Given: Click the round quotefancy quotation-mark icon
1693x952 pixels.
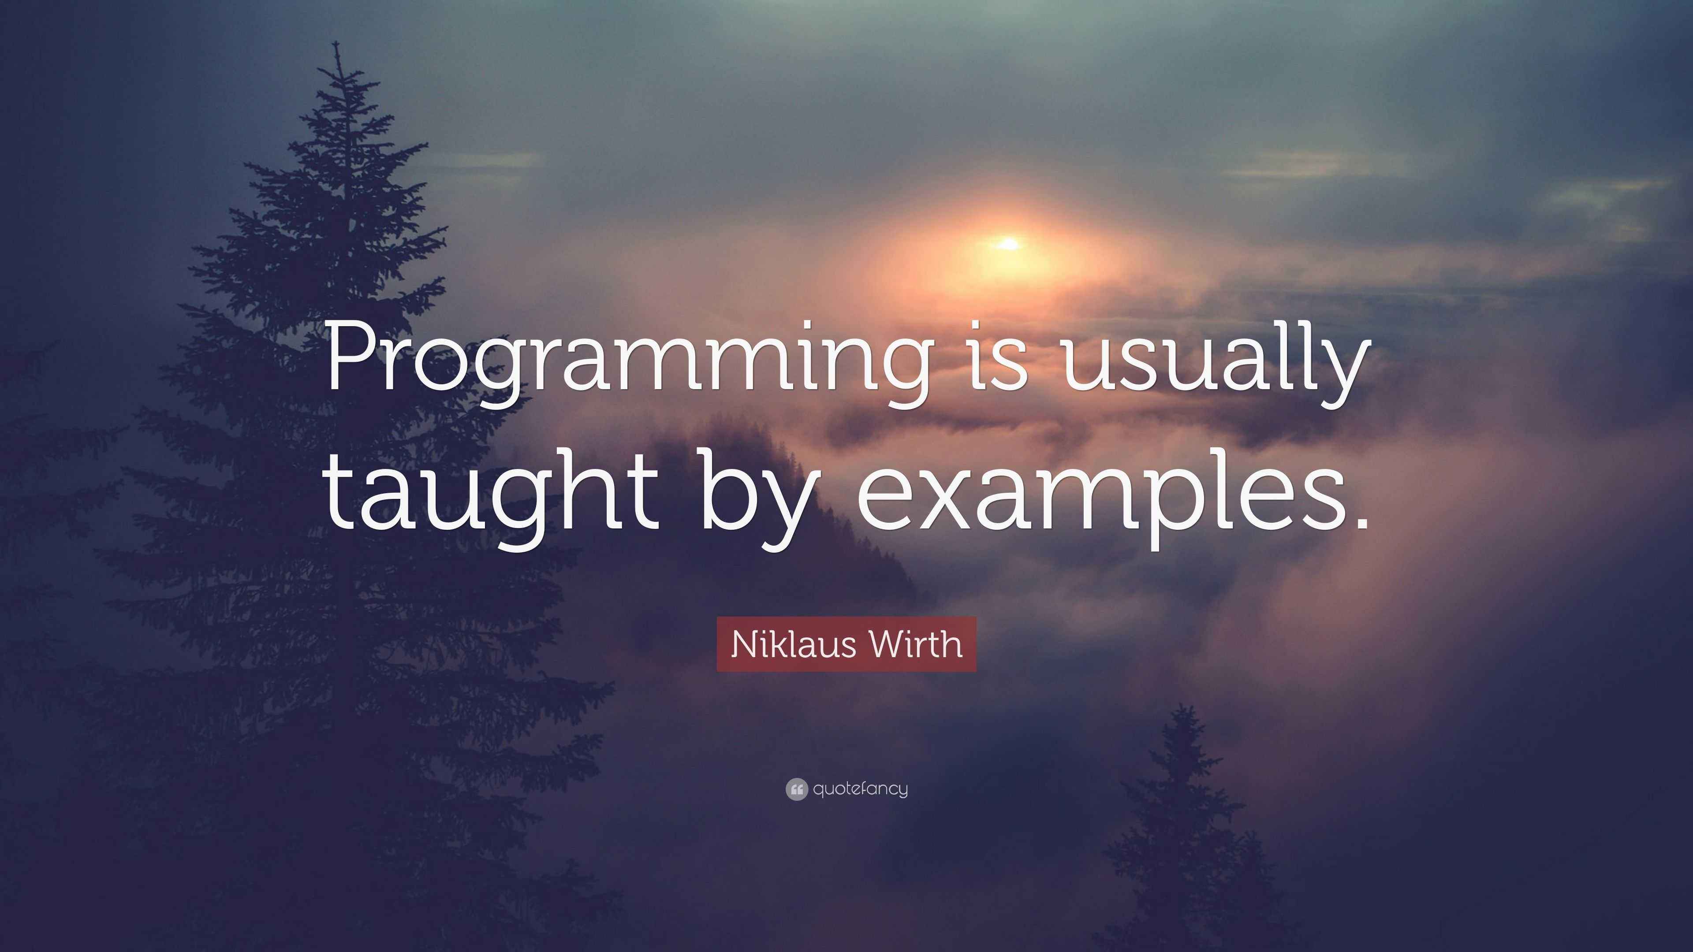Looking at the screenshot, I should point(796,789).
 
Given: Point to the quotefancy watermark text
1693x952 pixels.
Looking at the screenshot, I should point(860,788).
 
